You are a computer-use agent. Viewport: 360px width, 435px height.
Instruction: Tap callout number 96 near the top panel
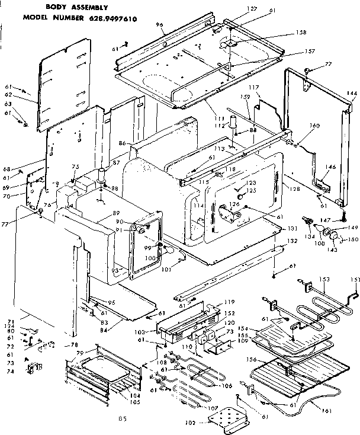pyautogui.click(x=143, y=25)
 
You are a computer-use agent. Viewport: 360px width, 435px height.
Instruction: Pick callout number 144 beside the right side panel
pyautogui.click(x=352, y=94)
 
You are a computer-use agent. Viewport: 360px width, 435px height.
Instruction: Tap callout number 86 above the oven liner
pyautogui.click(x=123, y=144)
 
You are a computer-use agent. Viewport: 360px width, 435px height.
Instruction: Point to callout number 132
pyautogui.click(x=292, y=241)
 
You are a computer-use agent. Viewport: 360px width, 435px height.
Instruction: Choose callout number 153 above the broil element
pyautogui.click(x=324, y=279)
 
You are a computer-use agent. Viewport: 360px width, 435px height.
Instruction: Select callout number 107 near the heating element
pyautogui.click(x=212, y=408)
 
